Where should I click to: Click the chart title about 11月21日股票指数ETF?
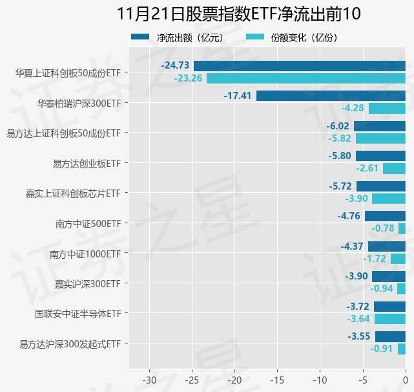click(239, 14)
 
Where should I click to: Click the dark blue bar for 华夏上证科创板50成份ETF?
click(300, 65)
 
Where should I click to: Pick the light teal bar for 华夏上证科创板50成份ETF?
click(306, 78)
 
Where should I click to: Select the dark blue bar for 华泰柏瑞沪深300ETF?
click(331, 96)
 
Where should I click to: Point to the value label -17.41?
click(238, 96)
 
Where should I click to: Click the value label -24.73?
click(175, 65)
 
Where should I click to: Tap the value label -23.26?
click(188, 78)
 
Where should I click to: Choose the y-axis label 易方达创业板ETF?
click(87, 164)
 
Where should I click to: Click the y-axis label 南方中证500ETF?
click(88, 224)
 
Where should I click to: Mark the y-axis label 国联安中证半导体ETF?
click(78, 314)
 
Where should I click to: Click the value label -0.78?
click(383, 228)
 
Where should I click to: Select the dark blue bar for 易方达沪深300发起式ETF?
click(390, 336)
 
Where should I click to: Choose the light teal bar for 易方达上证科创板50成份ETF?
click(380, 138)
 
